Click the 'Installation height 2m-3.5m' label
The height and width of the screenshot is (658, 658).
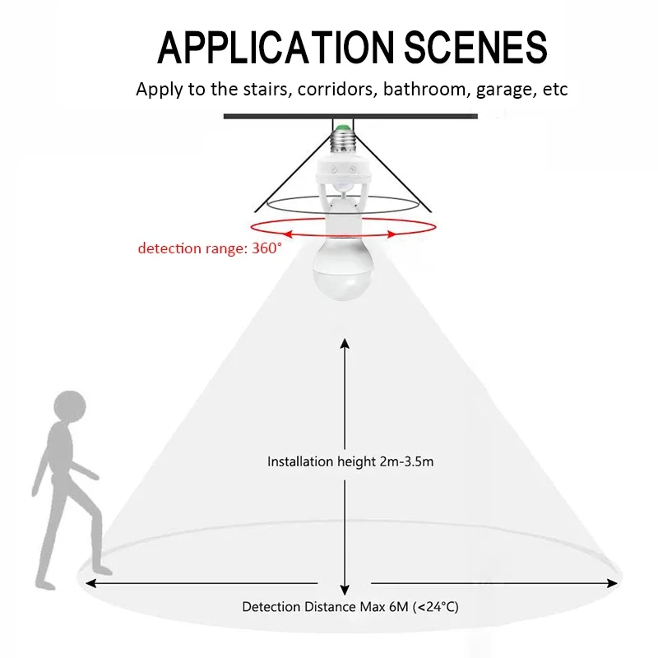click(350, 461)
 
